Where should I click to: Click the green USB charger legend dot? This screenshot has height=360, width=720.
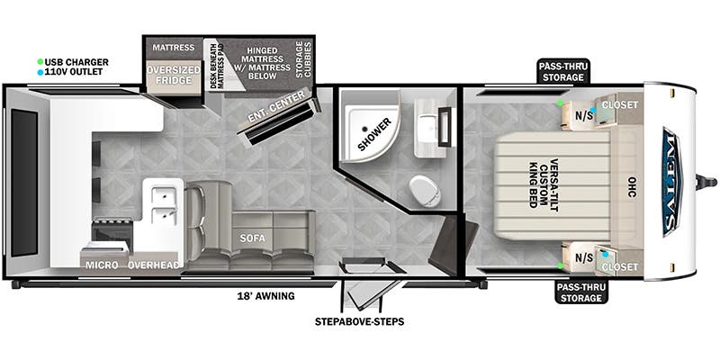pyautogui.click(x=40, y=62)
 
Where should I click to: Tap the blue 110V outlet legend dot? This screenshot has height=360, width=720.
pyautogui.click(x=40, y=71)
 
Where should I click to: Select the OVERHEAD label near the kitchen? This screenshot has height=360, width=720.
pyautogui.click(x=154, y=265)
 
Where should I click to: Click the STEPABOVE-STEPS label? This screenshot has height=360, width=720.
pyautogui.click(x=358, y=320)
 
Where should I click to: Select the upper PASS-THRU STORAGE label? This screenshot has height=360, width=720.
pyautogui.click(x=563, y=71)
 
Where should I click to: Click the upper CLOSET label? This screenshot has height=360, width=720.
pyautogui.click(x=620, y=104)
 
